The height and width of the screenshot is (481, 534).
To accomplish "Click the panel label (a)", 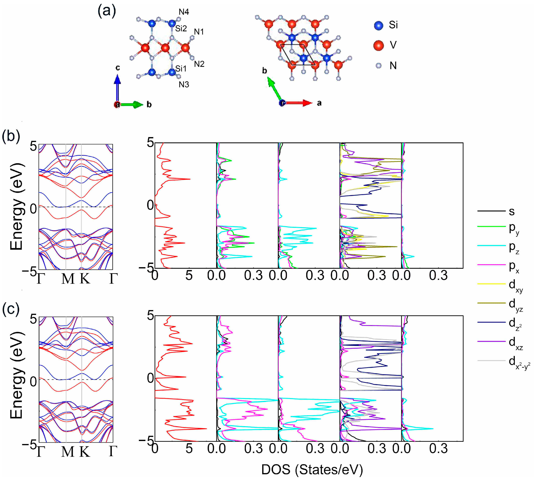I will click(107, 11).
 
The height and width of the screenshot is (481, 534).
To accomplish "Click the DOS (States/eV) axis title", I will click(312, 470).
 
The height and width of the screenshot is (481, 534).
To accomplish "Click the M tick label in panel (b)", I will click(68, 279).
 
